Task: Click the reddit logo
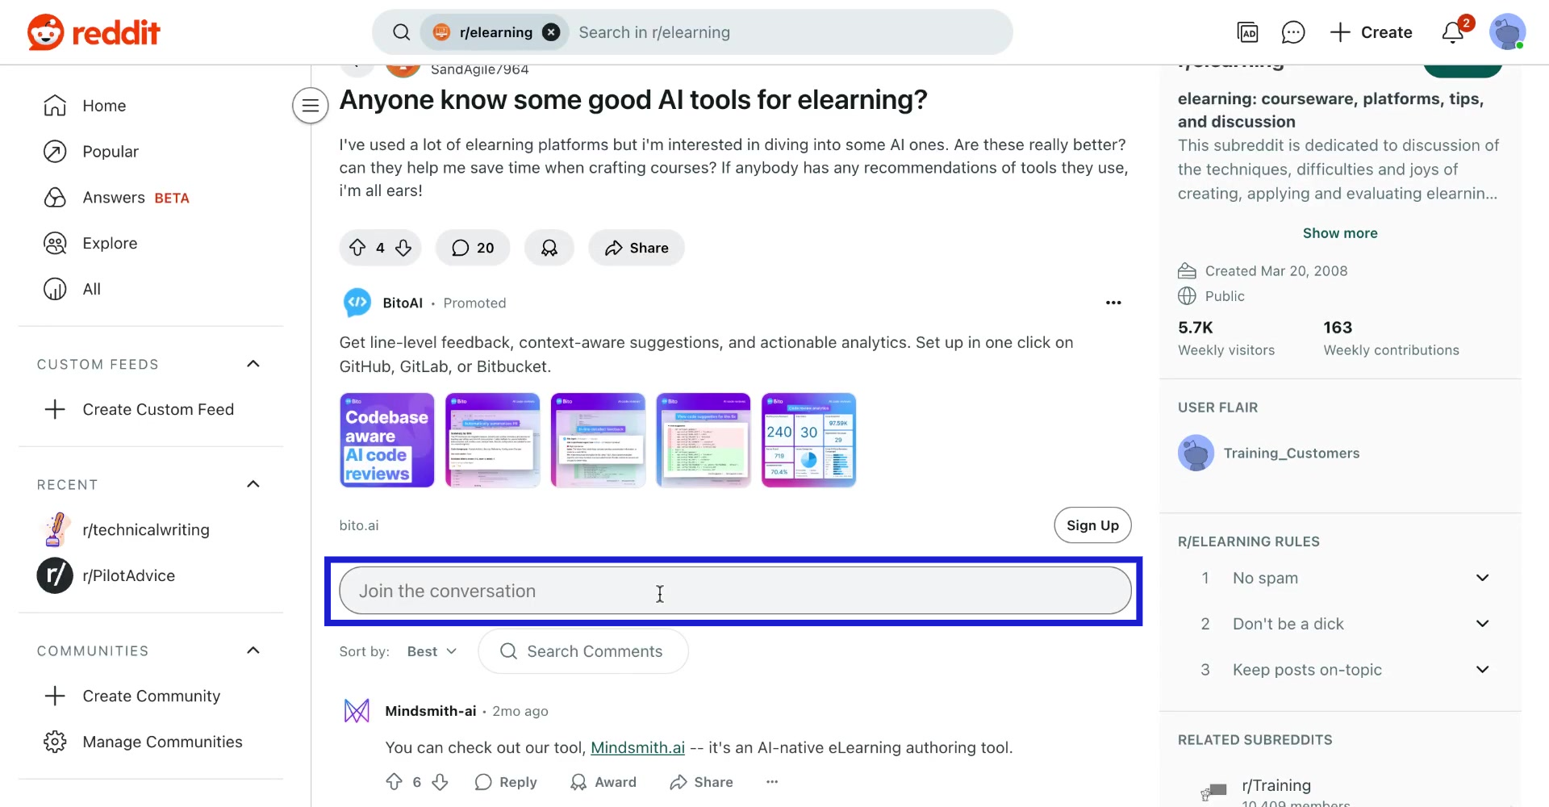click(94, 32)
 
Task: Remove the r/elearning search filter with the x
click(551, 32)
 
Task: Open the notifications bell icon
click(1453, 32)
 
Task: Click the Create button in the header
click(1371, 32)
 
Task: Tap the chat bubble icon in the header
click(1292, 32)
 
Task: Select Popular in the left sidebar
click(110, 152)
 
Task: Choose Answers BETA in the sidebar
click(135, 198)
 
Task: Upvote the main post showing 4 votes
click(357, 248)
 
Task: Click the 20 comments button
click(473, 248)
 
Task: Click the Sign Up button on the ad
click(1092, 525)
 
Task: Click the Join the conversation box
click(734, 591)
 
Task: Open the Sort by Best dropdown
click(432, 651)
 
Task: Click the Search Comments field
click(594, 651)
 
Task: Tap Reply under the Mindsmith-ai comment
click(506, 782)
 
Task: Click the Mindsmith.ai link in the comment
click(637, 747)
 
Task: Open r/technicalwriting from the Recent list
click(145, 529)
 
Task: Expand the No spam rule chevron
click(1482, 578)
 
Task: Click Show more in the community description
click(1340, 233)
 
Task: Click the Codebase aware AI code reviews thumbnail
click(387, 441)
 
